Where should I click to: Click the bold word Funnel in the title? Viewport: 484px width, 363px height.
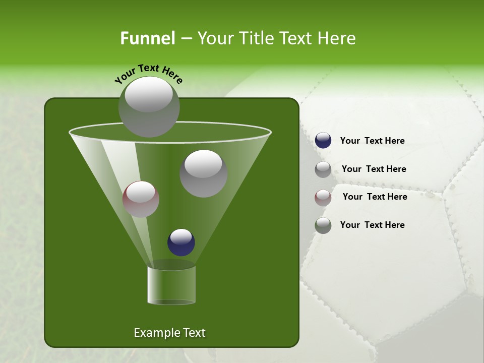147,38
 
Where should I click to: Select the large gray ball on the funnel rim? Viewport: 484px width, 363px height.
149,107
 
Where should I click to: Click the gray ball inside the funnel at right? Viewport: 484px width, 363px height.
203,173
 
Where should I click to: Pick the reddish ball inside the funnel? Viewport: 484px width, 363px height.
141,199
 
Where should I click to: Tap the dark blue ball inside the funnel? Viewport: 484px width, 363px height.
181,243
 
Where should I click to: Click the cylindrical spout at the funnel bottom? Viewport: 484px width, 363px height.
171,285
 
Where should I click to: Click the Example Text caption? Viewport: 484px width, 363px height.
169,333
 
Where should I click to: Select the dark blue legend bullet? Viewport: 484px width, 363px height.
323,141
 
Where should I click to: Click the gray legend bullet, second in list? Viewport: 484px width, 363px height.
323,169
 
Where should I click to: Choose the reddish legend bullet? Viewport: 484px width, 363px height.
323,198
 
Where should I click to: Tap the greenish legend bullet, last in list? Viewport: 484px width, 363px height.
323,225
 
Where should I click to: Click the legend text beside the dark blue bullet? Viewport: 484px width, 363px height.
372,141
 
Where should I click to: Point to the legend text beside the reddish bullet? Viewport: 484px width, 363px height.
375,197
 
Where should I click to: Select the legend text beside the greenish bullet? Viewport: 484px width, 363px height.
372,225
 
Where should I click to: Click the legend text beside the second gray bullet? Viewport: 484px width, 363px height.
374,169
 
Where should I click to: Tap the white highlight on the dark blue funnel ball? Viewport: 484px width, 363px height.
181,236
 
